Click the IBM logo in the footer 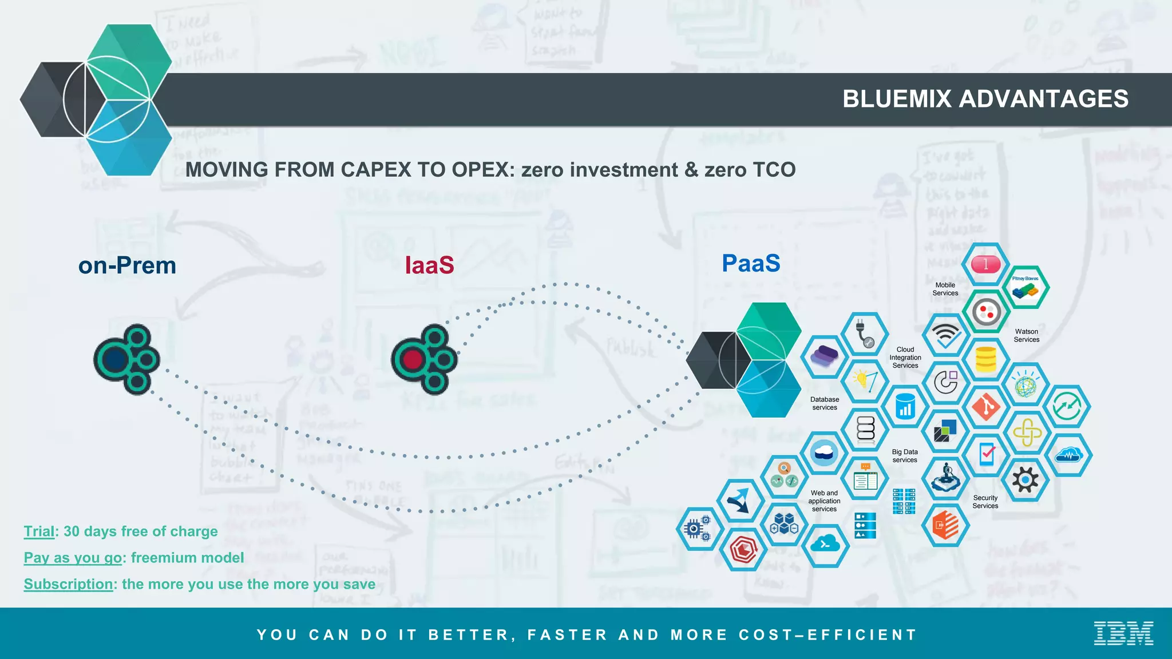(x=1123, y=633)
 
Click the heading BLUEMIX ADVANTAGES (x=985, y=99)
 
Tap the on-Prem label (x=127, y=265)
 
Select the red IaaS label (x=429, y=265)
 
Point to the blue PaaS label (x=751, y=263)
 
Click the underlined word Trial (x=39, y=531)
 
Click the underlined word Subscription (x=68, y=584)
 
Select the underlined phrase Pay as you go (x=73, y=558)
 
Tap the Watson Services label (x=1026, y=335)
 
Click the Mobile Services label (x=945, y=289)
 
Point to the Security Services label (x=985, y=502)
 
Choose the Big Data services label (x=904, y=456)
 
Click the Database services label (x=824, y=403)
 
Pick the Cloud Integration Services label (x=905, y=358)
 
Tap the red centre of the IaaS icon (x=413, y=360)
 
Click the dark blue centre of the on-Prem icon (x=116, y=360)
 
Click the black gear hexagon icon (x=1025, y=479)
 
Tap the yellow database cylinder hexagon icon (x=985, y=360)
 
